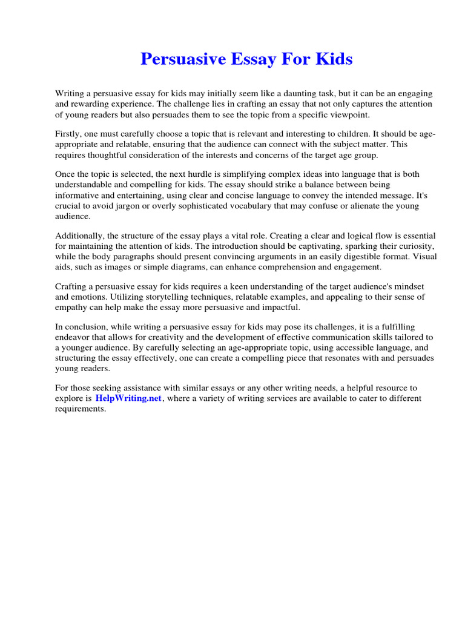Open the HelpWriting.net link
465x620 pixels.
pyautogui.click(x=129, y=398)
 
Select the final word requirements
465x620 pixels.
pyautogui.click(x=81, y=409)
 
